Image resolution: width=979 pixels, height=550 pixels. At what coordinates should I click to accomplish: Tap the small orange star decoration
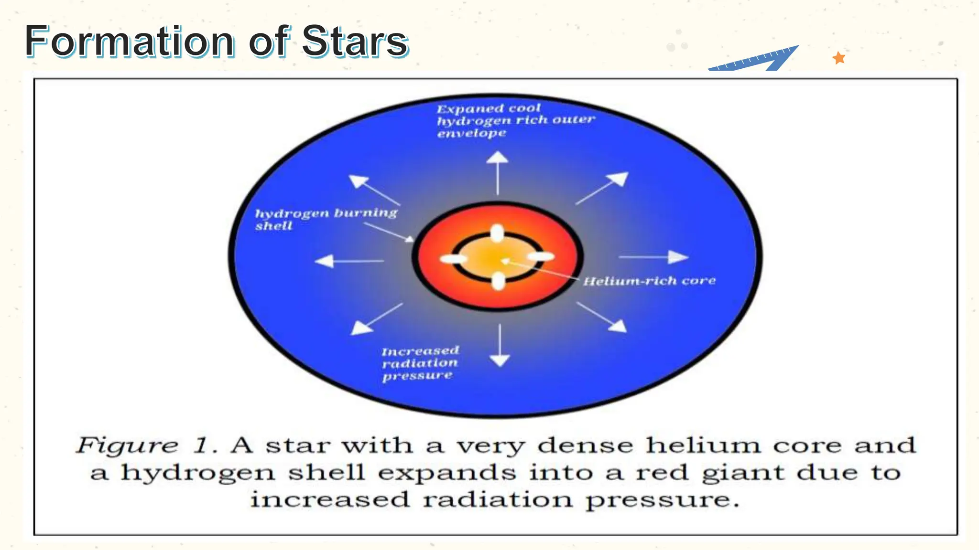pyautogui.click(x=838, y=58)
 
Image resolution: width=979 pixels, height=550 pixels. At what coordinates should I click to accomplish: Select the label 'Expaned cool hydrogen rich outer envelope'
pyautogui.click(x=515, y=120)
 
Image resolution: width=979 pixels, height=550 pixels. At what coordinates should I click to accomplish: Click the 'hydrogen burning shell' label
pyautogui.click(x=326, y=219)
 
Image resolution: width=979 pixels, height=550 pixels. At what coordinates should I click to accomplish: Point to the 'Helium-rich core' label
pyautogui.click(x=649, y=281)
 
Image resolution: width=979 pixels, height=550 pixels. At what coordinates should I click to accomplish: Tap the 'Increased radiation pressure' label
pyautogui.click(x=420, y=363)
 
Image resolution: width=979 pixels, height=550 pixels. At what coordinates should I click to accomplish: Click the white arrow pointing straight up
pyautogui.click(x=497, y=172)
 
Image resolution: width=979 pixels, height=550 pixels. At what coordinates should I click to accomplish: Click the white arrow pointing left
pyautogui.click(x=349, y=261)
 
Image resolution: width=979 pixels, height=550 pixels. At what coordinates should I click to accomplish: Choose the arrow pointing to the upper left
pyautogui.click(x=374, y=190)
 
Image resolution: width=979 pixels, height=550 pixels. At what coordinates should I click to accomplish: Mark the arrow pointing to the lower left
pyautogui.click(x=377, y=318)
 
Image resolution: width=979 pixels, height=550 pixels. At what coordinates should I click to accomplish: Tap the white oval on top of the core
pyautogui.click(x=498, y=234)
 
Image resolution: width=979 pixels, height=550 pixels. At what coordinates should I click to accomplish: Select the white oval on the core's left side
pyautogui.click(x=453, y=259)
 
